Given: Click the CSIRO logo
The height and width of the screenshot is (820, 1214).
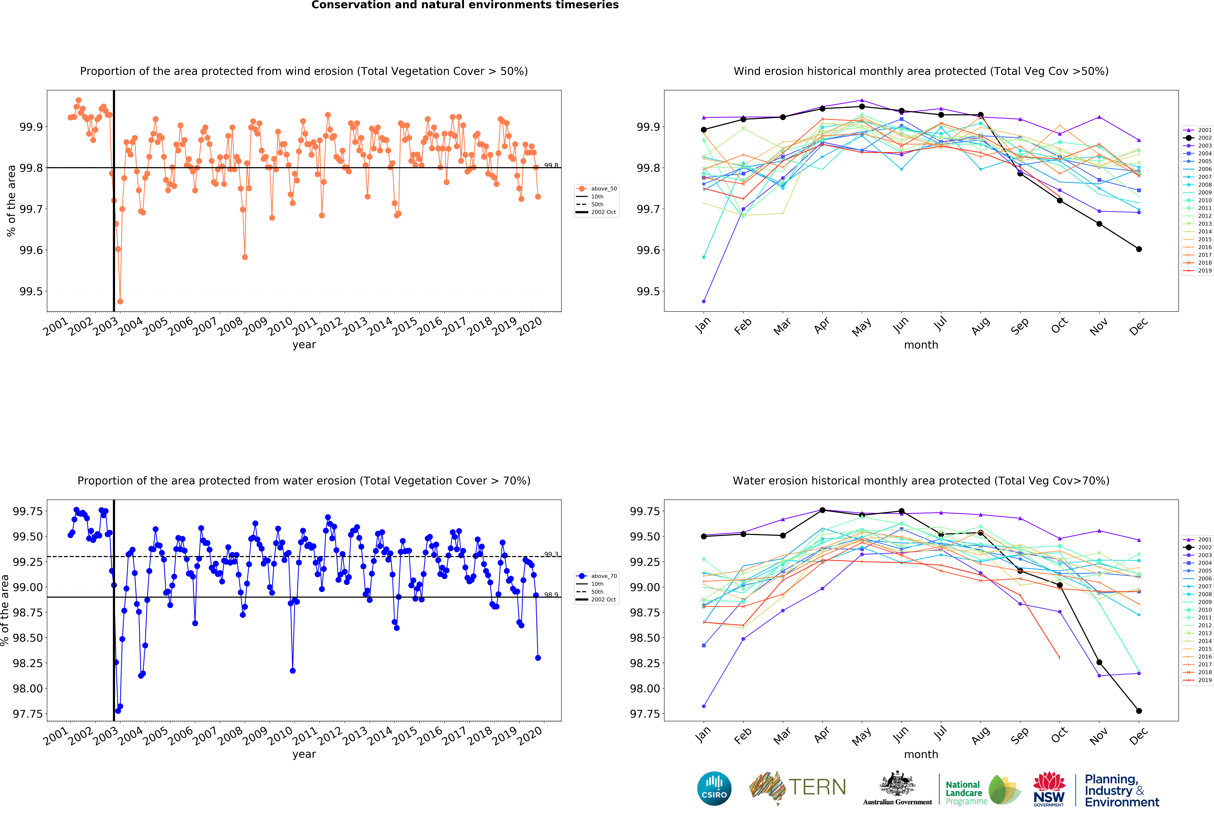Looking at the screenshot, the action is point(714,788).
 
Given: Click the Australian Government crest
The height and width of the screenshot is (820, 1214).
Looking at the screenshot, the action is point(897,783).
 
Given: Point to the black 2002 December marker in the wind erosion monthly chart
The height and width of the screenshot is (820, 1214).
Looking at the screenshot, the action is point(1139,249).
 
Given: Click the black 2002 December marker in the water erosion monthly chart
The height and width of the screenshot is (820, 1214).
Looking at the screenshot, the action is point(1139,711).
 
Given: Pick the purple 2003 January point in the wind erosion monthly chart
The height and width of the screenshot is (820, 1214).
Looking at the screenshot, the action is point(704,301).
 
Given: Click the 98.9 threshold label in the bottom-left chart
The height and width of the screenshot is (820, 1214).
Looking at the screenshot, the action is point(551,594).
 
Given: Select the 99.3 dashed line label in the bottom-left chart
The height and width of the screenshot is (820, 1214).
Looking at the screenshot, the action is point(551,554).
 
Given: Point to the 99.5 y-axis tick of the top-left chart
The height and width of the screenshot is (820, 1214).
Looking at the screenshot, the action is point(31,291).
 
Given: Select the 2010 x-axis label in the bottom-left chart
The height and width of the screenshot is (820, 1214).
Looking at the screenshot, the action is point(280,736).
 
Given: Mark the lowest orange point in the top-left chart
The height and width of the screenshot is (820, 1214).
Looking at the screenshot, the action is point(120,301).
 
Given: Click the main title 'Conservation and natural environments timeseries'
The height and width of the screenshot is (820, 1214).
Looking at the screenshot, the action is point(465,5).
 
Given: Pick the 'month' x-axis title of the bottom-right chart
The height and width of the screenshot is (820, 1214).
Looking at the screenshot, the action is point(921,754).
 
